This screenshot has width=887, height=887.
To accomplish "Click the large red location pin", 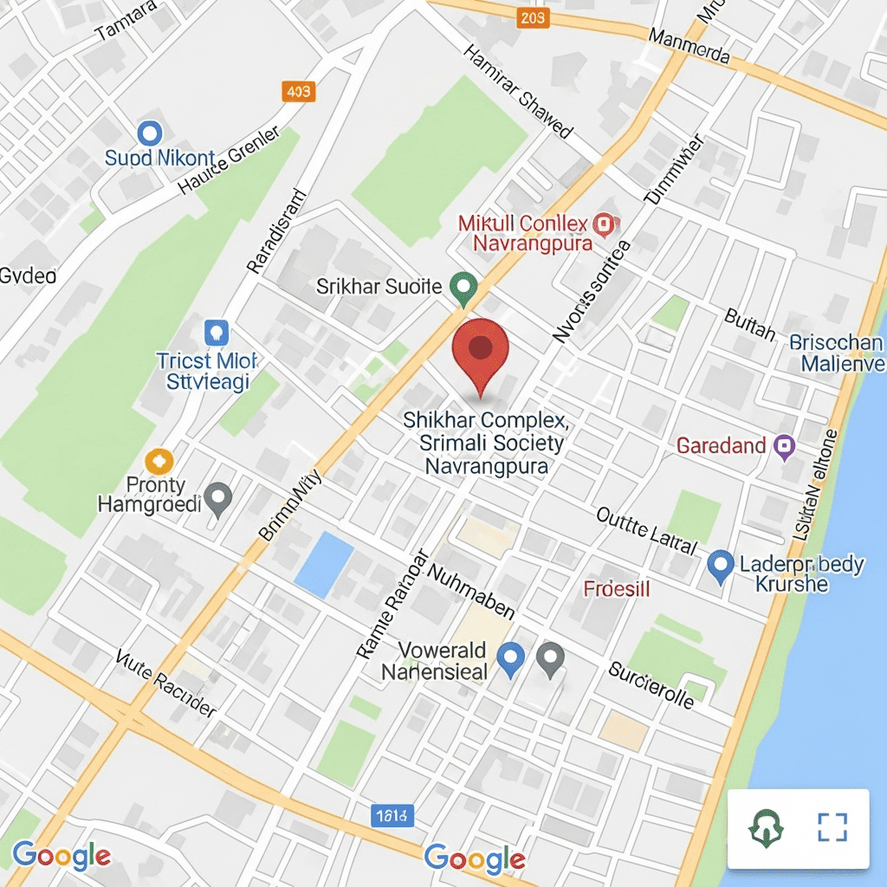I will (481, 353).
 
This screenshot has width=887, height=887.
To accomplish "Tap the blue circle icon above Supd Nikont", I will (151, 133).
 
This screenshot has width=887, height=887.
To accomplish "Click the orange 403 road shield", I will (299, 91).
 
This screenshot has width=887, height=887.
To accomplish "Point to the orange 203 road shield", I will (533, 17).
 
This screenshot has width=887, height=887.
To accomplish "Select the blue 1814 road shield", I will (394, 814).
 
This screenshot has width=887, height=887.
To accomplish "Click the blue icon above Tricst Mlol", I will (215, 331).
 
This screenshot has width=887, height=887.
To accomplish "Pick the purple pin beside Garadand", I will (785, 446).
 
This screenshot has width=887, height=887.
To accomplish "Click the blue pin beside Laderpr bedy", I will (720, 566).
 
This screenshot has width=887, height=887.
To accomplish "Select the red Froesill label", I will (617, 590).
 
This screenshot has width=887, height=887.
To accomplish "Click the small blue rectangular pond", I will (324, 565).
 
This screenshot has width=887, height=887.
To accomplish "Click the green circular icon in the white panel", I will (766, 829).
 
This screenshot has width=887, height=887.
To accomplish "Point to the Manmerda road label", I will (690, 48).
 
